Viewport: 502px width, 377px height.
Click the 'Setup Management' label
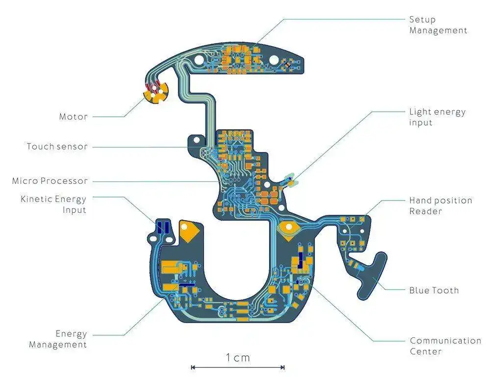coord(438,25)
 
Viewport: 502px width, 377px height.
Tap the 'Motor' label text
coord(74,117)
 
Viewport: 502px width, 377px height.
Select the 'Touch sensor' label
coord(57,147)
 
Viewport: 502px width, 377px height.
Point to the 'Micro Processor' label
coord(50,181)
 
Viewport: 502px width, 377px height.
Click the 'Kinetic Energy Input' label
coord(53,204)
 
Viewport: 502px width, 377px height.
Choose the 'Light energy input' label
coord(437,117)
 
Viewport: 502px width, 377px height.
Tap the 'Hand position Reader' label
coord(441,206)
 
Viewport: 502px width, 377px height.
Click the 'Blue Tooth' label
coord(434,290)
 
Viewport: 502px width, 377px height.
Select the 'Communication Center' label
coord(445,346)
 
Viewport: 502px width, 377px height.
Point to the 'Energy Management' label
coord(58,339)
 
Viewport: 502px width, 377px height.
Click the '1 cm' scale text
coord(238,358)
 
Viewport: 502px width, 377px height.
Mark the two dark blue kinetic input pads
coord(163,227)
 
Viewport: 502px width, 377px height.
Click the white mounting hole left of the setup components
coord(199,59)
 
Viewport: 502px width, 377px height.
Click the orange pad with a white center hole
coord(288,227)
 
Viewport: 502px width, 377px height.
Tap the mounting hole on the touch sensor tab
coord(197,140)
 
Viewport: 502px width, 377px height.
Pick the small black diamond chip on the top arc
coord(288,64)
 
